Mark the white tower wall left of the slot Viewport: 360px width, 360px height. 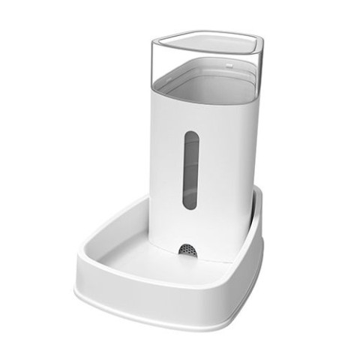tap(166, 180)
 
